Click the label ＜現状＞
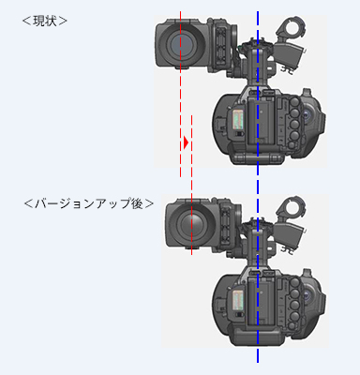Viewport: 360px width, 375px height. click(x=45, y=21)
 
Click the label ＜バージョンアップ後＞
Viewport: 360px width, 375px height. click(x=89, y=203)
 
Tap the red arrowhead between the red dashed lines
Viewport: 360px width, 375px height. click(x=186, y=142)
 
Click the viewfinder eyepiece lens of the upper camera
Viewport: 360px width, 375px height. click(x=181, y=43)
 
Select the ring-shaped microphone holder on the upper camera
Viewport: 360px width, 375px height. click(x=292, y=28)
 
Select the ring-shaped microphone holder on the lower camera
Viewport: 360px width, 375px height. click(x=292, y=208)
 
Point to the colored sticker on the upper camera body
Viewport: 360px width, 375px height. click(x=238, y=119)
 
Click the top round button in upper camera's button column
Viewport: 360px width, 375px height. click(x=294, y=102)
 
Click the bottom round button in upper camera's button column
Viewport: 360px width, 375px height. click(x=292, y=144)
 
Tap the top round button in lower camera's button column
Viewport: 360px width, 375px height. click(x=294, y=282)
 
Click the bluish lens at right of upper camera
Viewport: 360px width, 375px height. click(x=308, y=115)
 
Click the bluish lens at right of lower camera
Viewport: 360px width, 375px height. click(x=308, y=295)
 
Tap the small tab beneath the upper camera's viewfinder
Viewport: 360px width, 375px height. click(x=183, y=67)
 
